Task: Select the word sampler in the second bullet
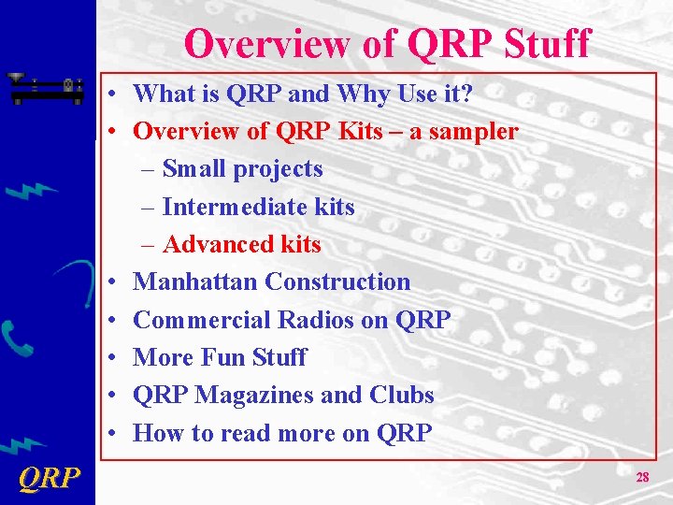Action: [472, 132]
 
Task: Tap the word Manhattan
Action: [195, 281]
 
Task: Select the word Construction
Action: [337, 281]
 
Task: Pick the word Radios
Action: [319, 320]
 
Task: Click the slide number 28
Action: [642, 477]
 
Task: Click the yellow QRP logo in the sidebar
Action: [49, 479]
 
